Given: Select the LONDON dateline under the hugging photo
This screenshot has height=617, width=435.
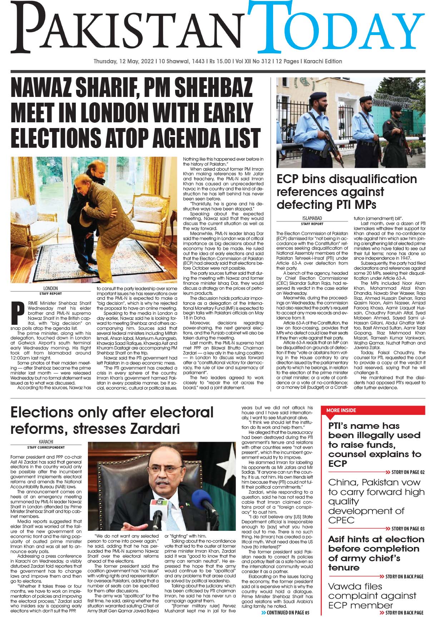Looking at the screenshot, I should [x=50, y=288].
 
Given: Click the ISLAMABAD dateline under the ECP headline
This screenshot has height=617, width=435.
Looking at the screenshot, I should [x=312, y=219].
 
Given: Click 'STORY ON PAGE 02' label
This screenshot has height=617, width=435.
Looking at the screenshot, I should [x=408, y=472].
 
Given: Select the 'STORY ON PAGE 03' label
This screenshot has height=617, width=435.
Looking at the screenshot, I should [x=408, y=528].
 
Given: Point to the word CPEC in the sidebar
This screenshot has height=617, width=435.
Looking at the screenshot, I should [x=341, y=520].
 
